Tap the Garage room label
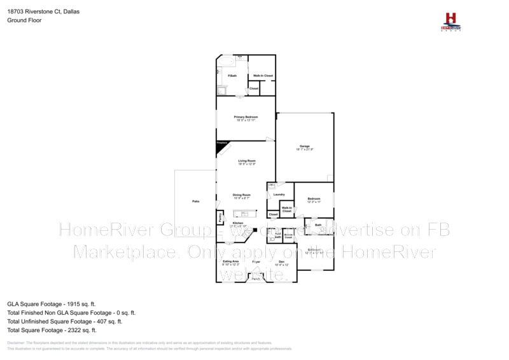(305, 148)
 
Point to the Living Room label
(247, 162)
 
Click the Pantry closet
(220, 218)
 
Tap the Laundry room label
(279, 194)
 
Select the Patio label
(196, 202)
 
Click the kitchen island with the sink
(244, 214)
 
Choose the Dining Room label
(242, 196)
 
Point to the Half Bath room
(278, 235)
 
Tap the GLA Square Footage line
(51, 304)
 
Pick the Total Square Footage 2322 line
(52, 330)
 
